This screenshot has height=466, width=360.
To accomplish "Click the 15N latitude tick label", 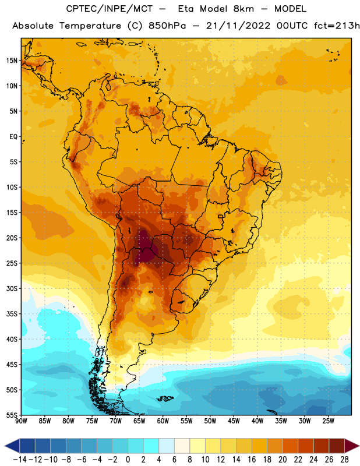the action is [12, 61].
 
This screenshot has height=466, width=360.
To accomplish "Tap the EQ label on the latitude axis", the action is [13, 137].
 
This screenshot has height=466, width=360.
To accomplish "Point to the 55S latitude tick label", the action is [12, 415].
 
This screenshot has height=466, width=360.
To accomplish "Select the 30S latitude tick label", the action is [12, 288].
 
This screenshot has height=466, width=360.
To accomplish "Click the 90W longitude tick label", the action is [21, 421].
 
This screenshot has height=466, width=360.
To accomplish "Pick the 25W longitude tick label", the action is [328, 421].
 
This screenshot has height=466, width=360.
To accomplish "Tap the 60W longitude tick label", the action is [163, 421].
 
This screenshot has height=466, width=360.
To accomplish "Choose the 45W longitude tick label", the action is [234, 421].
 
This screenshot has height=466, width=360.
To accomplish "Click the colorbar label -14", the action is [20, 460].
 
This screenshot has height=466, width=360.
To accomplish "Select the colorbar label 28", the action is [344, 460].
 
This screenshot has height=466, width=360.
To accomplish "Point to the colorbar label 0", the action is [128, 460].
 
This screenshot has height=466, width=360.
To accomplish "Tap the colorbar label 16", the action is [252, 460].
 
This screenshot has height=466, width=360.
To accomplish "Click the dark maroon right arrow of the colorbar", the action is [351, 446].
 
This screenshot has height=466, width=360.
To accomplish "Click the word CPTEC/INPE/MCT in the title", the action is [110, 9].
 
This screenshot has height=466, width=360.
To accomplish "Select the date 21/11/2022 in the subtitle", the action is [238, 26].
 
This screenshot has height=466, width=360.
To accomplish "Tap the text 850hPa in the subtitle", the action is [167, 26].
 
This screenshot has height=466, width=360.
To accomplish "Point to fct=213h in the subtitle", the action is [337, 26].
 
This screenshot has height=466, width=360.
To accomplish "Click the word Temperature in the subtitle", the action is [90, 26].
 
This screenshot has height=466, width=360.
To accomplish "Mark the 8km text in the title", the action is [243, 9].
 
